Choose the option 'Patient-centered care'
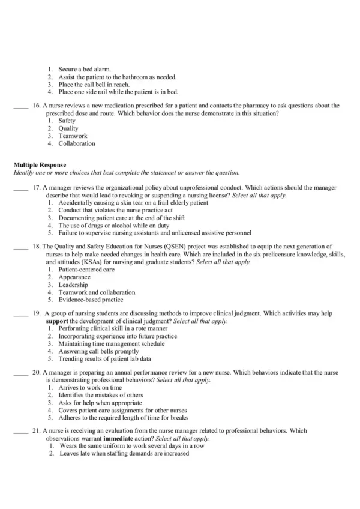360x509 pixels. coord(86,270)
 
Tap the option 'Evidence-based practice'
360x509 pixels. coord(90,300)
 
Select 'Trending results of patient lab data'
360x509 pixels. coord(104,359)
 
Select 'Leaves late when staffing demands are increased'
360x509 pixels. coord(124,454)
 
